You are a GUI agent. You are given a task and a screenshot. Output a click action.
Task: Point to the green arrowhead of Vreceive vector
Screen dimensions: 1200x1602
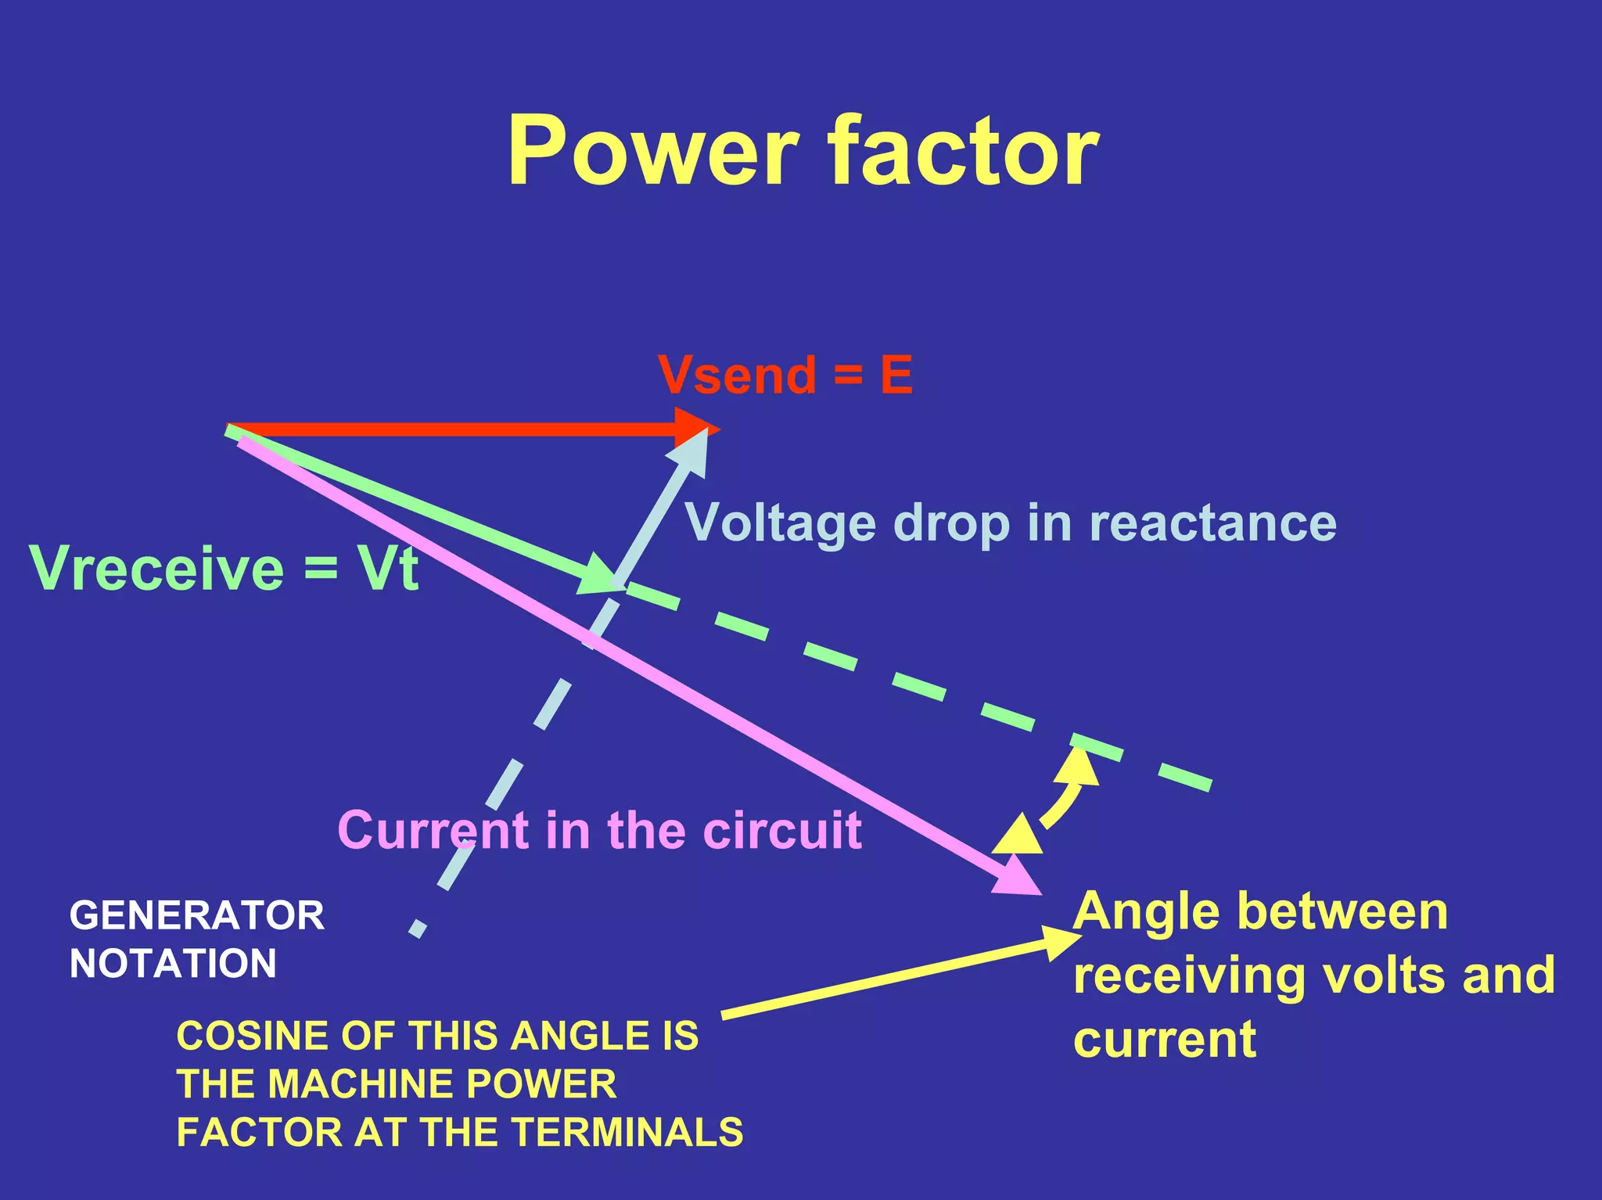[x=598, y=575]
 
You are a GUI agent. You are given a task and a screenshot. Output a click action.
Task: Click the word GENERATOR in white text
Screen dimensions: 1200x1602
[x=196, y=915]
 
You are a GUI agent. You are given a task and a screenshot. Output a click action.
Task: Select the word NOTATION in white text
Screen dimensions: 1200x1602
[x=173, y=963]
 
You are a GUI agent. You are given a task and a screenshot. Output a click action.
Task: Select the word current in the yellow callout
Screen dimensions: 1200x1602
[x=1165, y=1040]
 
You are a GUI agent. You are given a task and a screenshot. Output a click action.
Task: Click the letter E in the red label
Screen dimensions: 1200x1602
[x=896, y=375]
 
